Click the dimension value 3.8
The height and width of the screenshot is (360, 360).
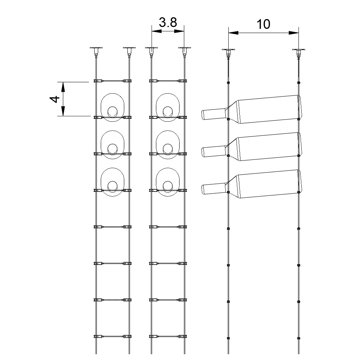coord(168,23)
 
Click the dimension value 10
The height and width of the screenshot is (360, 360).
coord(263,24)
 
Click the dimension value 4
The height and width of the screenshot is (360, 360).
coord(54,99)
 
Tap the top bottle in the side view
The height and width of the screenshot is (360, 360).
coord(263,109)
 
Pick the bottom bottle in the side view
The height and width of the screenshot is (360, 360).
coord(263,184)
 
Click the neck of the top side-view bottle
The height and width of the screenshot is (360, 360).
coord(213,114)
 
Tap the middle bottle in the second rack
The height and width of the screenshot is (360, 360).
coord(168,144)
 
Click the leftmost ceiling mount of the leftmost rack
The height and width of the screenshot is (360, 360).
coord(96,50)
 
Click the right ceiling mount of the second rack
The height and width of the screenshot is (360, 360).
coord(184,50)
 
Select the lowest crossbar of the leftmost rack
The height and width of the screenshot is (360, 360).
coord(112,336)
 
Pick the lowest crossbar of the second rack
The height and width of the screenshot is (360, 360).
coord(168,336)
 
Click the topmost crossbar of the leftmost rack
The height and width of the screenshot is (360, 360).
coord(112,81)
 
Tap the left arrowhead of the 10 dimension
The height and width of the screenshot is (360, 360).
coord(233,33)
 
